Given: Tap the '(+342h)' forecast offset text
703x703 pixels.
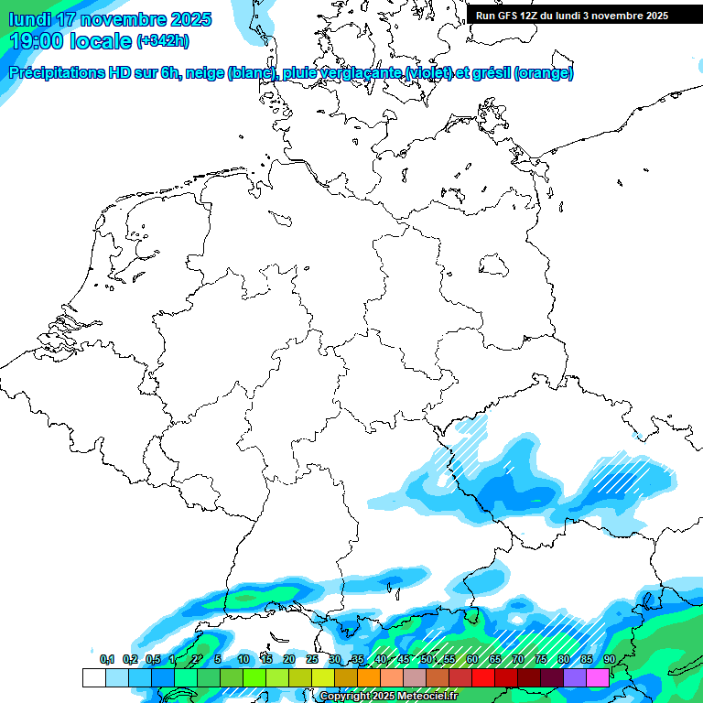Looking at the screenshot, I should click(x=162, y=41).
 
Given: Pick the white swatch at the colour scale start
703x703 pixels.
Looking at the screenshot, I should click(x=93, y=677).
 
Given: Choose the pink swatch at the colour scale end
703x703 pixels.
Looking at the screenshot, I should click(x=598, y=677).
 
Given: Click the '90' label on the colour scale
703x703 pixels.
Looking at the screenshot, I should click(x=610, y=659).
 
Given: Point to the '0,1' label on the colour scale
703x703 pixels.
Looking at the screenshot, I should click(x=107, y=659).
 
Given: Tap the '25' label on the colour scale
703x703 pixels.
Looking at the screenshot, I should click(x=312, y=659).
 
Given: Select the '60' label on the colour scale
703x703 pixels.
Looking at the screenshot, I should click(x=472, y=659).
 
